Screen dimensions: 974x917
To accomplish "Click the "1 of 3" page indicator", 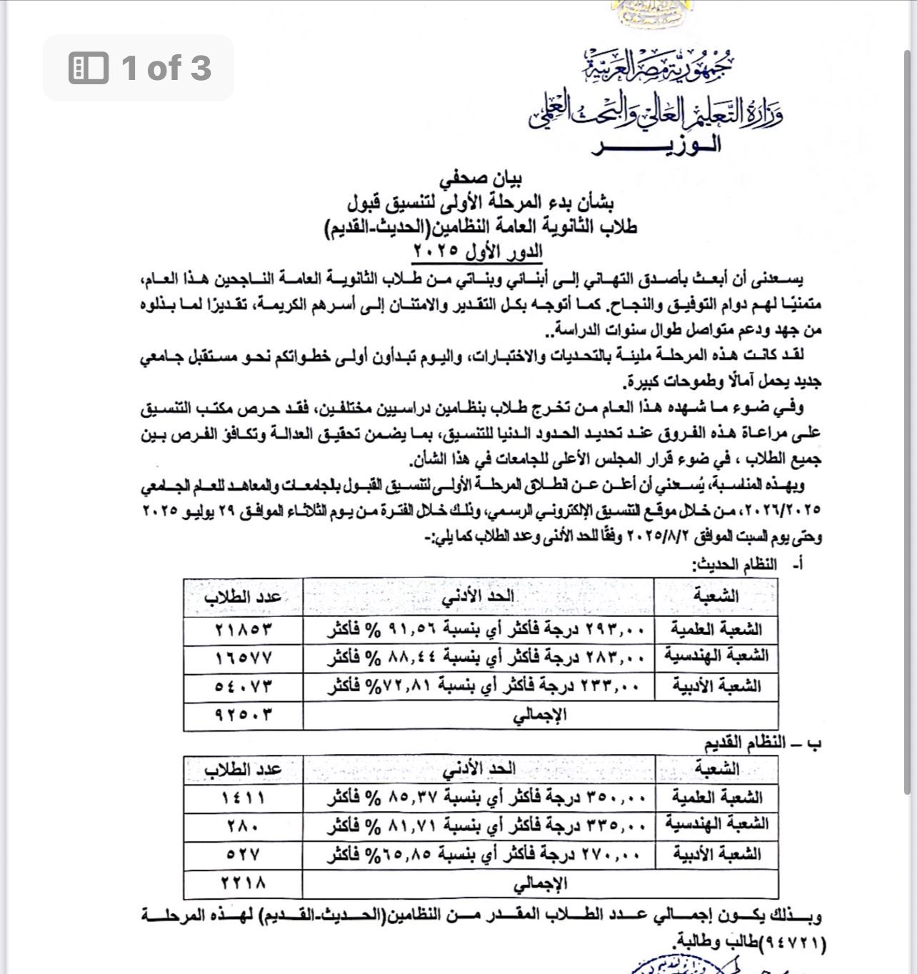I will click(139, 68).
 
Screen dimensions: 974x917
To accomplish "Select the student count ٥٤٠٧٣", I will click(244, 687).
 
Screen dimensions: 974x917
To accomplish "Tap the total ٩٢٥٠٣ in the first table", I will click(244, 715).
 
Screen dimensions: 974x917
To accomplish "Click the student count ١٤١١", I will click(244, 798).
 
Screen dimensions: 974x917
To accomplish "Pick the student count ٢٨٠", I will click(244, 825).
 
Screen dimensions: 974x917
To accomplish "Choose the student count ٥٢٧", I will click(244, 854).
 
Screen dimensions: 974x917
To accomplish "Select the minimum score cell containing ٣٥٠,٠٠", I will click(478, 798).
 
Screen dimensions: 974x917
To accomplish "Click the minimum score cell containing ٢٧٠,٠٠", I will click(478, 854).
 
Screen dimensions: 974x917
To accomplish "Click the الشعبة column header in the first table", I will click(716, 596).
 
